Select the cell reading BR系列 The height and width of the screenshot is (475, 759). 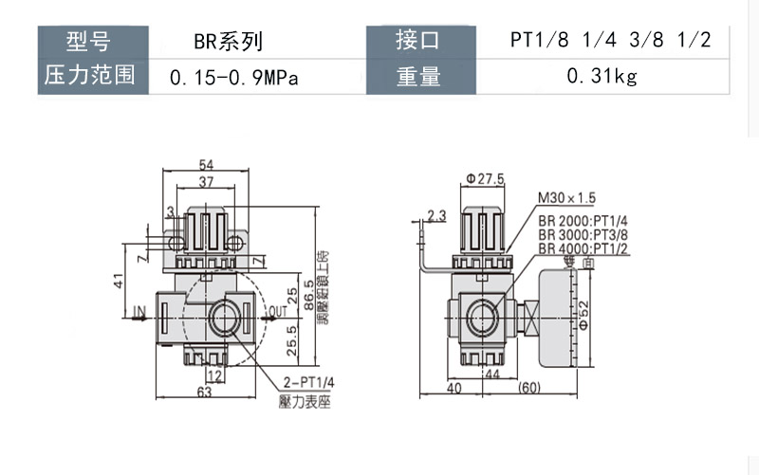[227, 42]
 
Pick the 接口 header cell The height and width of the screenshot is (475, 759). [417, 42]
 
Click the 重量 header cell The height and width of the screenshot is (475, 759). [417, 77]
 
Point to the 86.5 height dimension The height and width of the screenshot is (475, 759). [308, 296]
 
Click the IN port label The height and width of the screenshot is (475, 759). [139, 309]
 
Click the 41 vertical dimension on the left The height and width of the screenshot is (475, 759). [119, 282]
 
